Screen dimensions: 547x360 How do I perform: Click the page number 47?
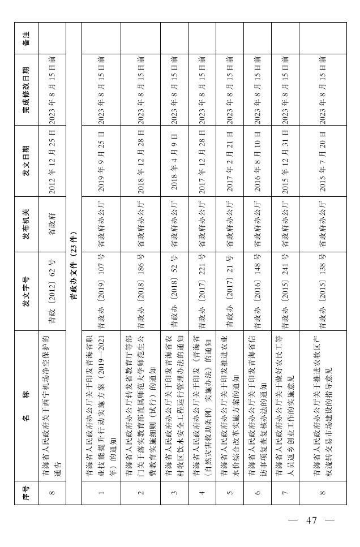coord(311,520)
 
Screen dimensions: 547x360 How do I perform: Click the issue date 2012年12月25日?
coord(52,162)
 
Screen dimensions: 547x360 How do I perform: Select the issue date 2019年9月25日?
coord(101,162)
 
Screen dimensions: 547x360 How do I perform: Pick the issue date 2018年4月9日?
coord(174,162)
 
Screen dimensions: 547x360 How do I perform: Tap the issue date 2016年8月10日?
coord(258,162)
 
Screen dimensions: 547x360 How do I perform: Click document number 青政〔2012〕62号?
coord(52,295)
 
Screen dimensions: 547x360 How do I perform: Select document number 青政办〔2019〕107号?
coord(101,295)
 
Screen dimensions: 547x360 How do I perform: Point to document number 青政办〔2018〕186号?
coord(140,295)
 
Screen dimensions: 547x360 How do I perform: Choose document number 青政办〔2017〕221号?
coord(202,295)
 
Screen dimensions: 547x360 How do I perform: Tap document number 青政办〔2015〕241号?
coord(285,295)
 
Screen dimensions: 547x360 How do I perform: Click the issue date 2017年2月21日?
coord(229,162)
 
